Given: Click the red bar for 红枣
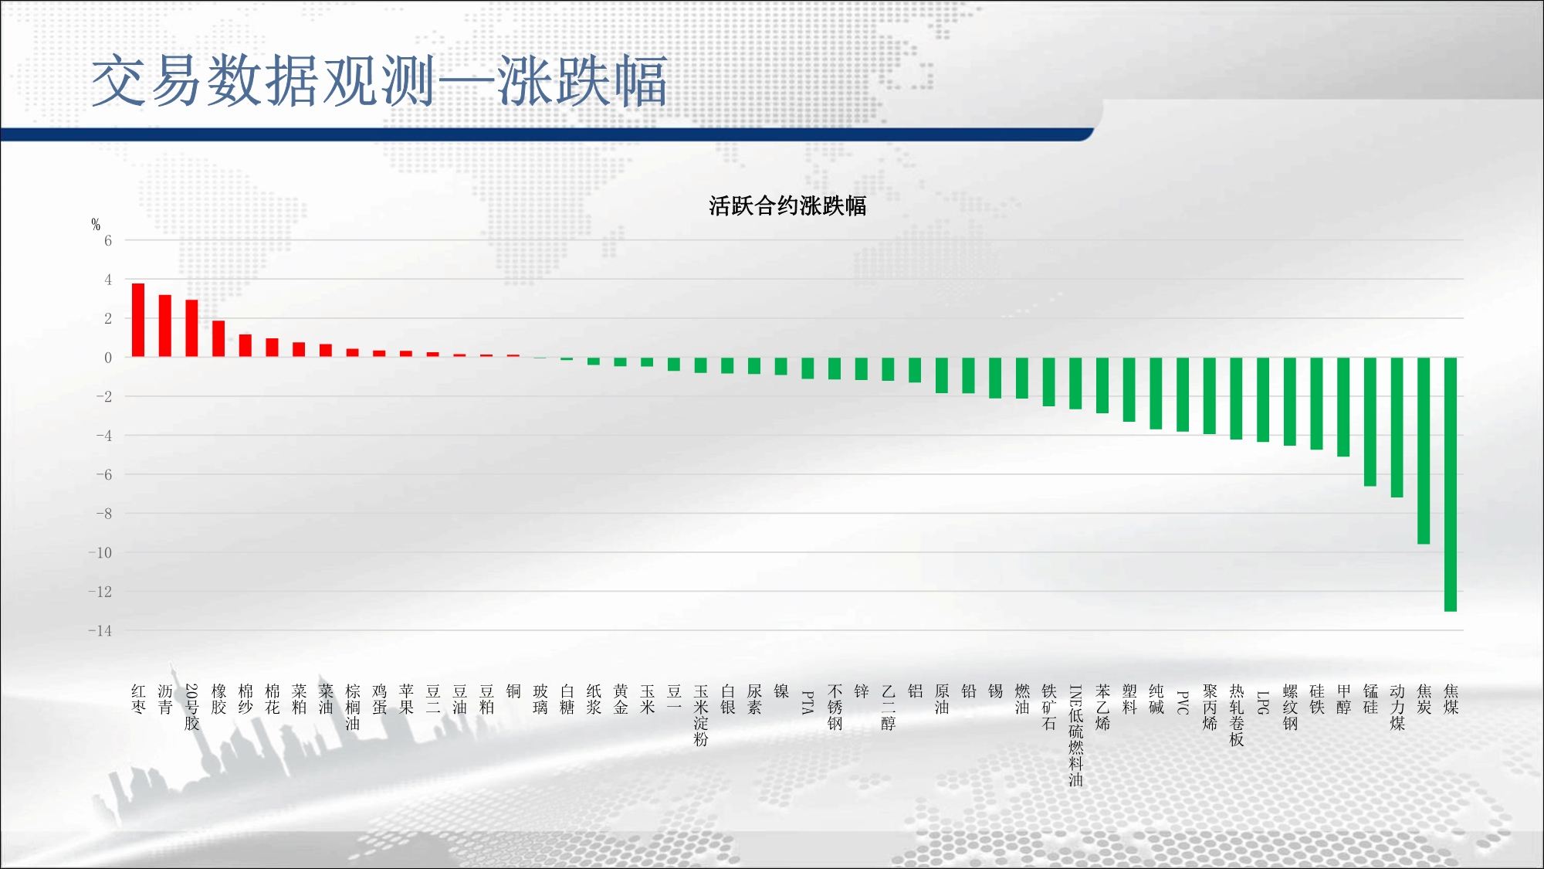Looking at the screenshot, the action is (x=138, y=320).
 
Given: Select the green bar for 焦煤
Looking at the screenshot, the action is (x=1451, y=484).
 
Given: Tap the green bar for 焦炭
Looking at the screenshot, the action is (x=1424, y=450).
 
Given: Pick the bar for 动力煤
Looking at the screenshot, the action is (x=1397, y=427).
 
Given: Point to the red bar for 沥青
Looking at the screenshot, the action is (x=165, y=326).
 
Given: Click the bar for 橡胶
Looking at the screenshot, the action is (x=218, y=338).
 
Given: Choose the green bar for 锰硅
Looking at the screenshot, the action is (x=1370, y=422).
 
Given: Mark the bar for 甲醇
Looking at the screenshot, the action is (x=1343, y=407).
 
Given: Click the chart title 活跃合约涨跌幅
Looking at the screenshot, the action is (x=787, y=206).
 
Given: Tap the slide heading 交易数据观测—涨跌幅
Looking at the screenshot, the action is (x=379, y=81).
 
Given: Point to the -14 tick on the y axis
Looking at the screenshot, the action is (x=100, y=631).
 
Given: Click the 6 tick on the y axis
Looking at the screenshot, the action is (x=108, y=241).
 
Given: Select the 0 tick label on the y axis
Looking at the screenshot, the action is (x=108, y=358).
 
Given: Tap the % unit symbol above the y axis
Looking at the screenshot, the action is (x=96, y=225).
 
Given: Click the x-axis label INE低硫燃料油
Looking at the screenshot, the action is (x=1075, y=735).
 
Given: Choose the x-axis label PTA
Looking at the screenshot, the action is (x=808, y=702).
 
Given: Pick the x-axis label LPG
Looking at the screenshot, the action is (x=1263, y=702).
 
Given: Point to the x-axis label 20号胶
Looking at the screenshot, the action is (x=192, y=707).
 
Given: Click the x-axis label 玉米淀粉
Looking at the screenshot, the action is (x=701, y=715).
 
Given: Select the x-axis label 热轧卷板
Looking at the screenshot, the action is (x=1237, y=715).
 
